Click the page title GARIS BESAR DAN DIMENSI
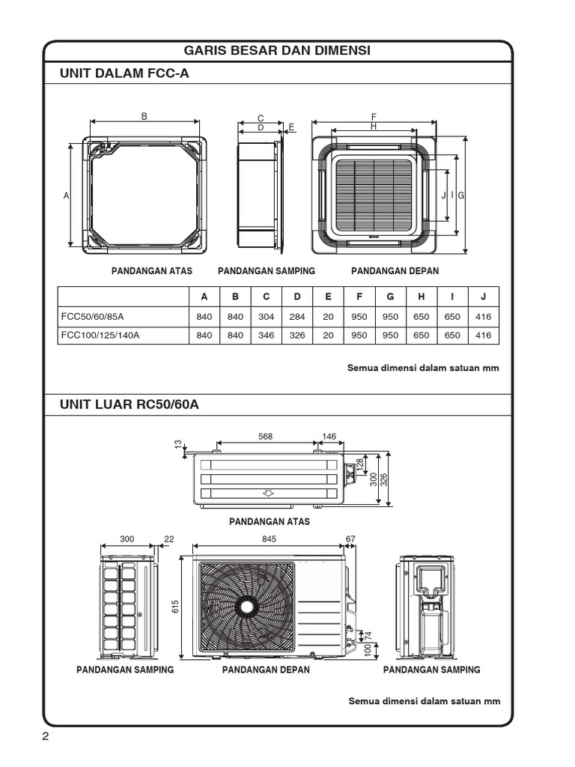pos(278,50)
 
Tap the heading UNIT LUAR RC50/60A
pos(129,404)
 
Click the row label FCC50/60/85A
pos(93,316)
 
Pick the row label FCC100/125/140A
pos(100,336)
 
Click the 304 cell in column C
pos(266,316)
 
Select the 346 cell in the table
pos(266,336)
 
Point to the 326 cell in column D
pos(297,336)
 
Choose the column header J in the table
pos(484,297)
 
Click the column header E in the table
pos(328,297)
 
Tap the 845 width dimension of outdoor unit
pos(270,539)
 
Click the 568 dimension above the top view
pos(265,437)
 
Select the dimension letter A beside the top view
pos(66,195)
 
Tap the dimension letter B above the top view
pos(144,115)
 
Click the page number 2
pos(46,737)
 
